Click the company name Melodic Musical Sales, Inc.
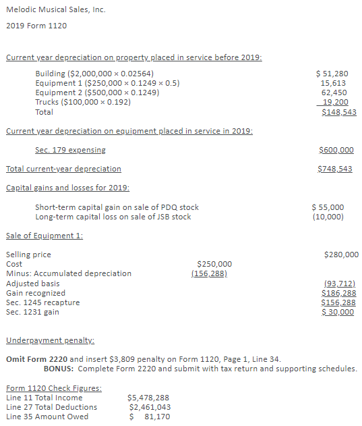click(55, 10)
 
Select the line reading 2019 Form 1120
click(36, 26)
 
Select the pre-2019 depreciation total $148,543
click(338, 112)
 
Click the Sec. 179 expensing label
click(70, 150)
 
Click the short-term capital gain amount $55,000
click(328, 207)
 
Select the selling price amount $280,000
click(341, 255)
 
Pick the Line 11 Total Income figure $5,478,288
click(148, 398)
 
